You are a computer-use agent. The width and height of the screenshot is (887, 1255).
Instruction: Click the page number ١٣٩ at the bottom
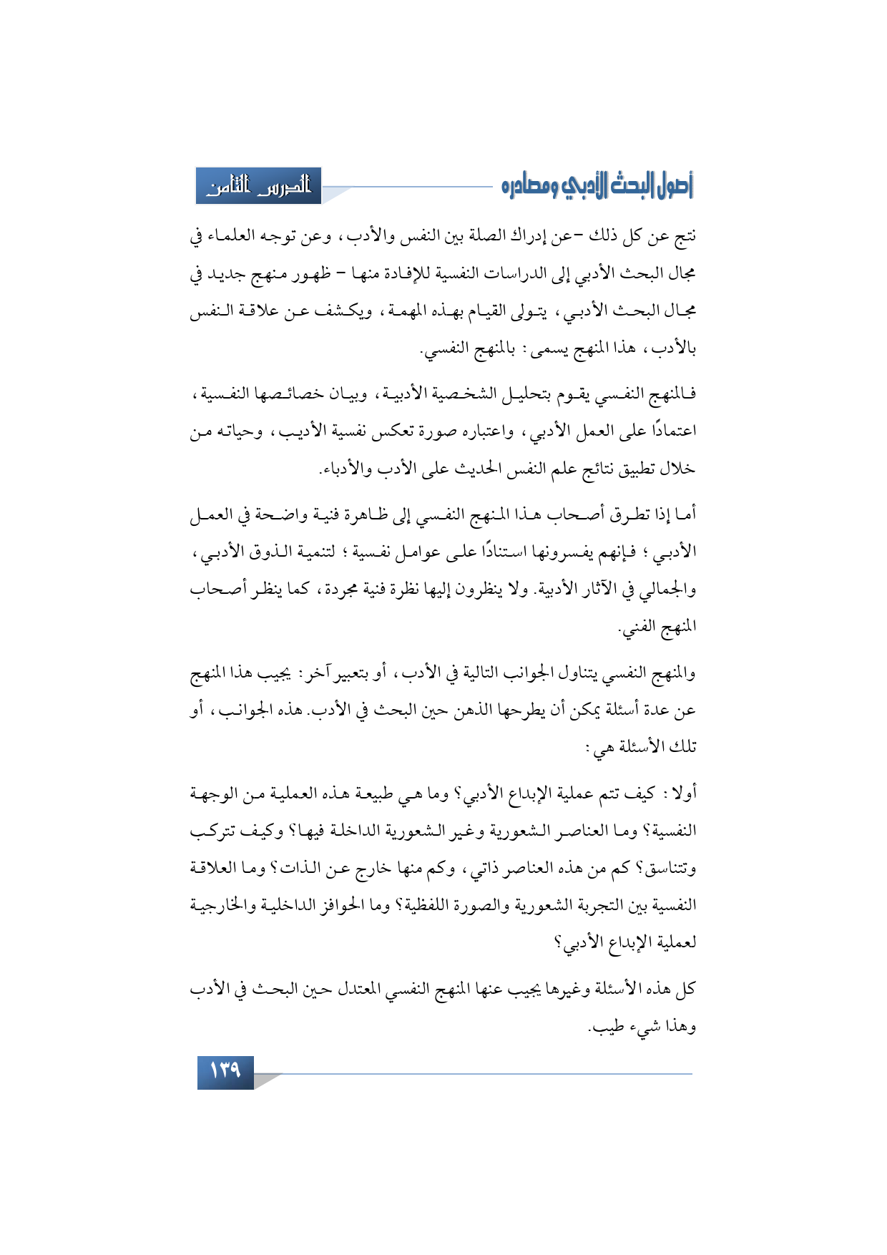225,1071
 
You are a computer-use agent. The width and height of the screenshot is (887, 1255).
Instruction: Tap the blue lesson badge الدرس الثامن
258,187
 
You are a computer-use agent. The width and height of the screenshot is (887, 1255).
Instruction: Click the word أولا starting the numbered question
682,793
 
